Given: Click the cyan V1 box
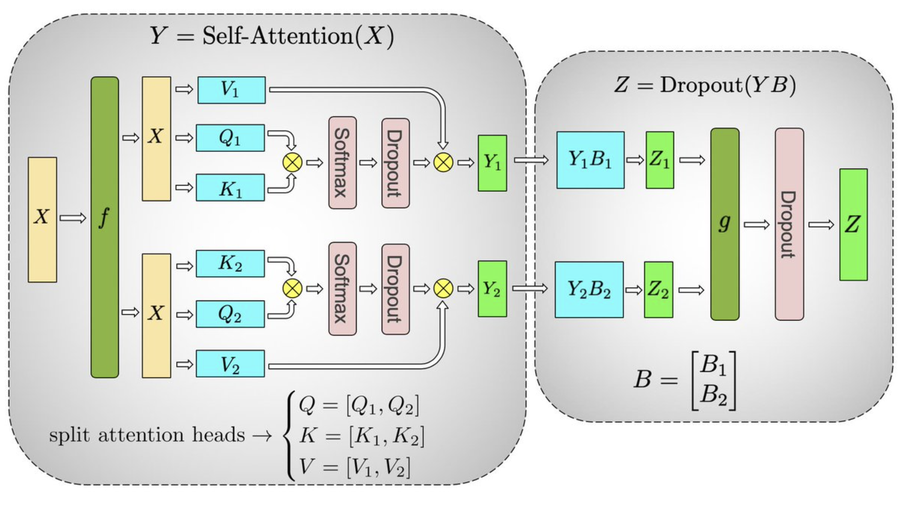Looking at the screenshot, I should click(x=231, y=90).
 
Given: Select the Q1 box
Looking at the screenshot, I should click(x=230, y=138).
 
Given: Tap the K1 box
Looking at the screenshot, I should click(x=230, y=188).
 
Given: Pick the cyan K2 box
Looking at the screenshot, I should click(x=230, y=263).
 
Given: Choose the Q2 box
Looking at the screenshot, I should click(x=230, y=314).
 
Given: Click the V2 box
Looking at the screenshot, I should click(x=230, y=364).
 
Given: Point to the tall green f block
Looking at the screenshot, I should click(x=105, y=227).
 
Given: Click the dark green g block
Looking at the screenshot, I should click(x=725, y=224).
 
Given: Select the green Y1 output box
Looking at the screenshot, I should click(x=492, y=163).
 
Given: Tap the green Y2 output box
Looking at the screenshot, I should click(x=492, y=289).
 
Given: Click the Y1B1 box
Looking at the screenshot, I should click(x=590, y=160).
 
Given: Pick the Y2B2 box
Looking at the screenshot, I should click(x=589, y=289).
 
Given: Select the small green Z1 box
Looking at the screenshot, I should click(x=660, y=160).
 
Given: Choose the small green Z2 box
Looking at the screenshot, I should click(x=659, y=289).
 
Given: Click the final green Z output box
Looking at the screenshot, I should click(x=853, y=224).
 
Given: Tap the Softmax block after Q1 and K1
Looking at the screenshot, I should click(x=342, y=162).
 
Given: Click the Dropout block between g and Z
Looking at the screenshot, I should click(x=789, y=224).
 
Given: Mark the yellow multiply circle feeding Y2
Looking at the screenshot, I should click(x=443, y=288).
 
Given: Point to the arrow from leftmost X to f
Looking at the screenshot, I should click(x=73, y=218).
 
